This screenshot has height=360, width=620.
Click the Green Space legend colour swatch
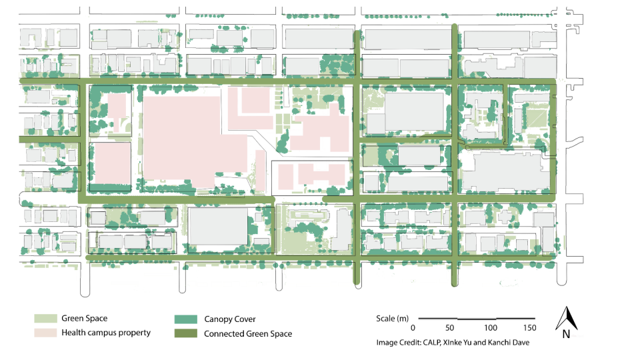(x=45, y=319)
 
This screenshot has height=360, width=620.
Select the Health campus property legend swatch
(x=45, y=333)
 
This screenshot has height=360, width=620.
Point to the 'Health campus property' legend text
(x=106, y=333)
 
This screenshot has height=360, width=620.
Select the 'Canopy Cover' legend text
(x=229, y=319)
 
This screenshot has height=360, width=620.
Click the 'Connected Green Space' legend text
(x=247, y=334)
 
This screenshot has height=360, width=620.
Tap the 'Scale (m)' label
(x=393, y=319)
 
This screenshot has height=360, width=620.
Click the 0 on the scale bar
(x=413, y=329)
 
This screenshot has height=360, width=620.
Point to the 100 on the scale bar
(x=491, y=329)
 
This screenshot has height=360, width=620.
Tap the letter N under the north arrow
(x=565, y=335)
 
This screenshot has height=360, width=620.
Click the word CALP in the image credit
(x=435, y=342)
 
